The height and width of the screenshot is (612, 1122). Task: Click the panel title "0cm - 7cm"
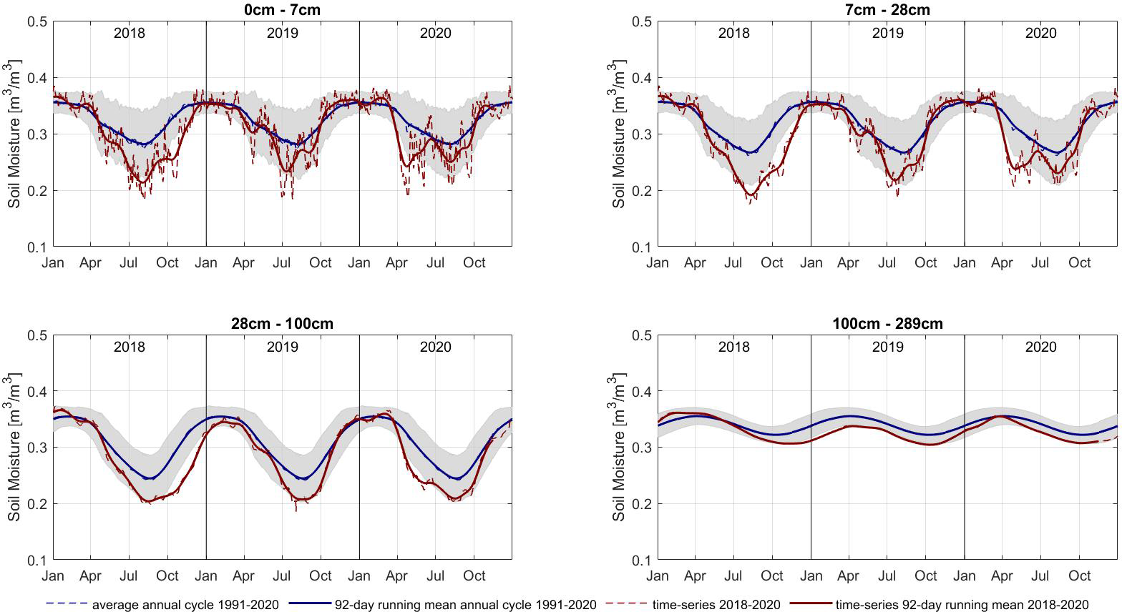click(x=283, y=9)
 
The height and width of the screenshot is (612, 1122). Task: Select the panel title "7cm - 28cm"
click(x=887, y=9)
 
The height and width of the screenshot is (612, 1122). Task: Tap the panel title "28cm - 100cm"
click(x=283, y=323)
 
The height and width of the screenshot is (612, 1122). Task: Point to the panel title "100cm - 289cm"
click(x=887, y=323)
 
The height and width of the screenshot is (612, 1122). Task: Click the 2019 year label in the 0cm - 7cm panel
click(x=283, y=33)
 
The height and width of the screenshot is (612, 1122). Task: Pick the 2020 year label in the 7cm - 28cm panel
click(x=1040, y=33)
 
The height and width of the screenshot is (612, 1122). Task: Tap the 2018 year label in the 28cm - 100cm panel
click(x=130, y=347)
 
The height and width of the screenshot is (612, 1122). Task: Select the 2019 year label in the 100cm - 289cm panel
click(x=887, y=347)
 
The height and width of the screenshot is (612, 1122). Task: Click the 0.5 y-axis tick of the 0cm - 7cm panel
click(x=37, y=21)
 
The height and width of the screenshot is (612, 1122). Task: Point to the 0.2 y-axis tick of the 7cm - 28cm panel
click(x=642, y=191)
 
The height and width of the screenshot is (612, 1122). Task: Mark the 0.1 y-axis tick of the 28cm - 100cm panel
click(x=37, y=561)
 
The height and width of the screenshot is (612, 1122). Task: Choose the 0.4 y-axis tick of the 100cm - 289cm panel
click(x=642, y=392)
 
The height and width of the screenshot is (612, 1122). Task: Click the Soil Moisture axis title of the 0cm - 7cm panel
click(x=15, y=134)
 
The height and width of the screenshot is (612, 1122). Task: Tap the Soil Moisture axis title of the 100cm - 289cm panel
click(x=620, y=448)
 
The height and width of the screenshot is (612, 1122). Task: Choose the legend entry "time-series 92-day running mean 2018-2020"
click(x=962, y=605)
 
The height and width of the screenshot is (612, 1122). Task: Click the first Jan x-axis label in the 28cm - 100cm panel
click(x=53, y=576)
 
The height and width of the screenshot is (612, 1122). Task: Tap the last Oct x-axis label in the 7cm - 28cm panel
click(x=1080, y=262)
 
